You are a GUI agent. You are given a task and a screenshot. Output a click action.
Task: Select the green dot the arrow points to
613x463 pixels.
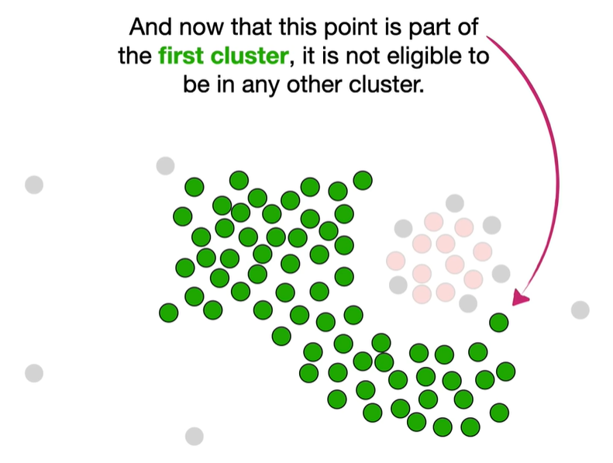(498, 321)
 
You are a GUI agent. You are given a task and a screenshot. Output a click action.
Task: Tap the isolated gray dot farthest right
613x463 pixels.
(580, 310)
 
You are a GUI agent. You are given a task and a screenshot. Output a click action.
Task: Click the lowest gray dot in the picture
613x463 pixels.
(194, 436)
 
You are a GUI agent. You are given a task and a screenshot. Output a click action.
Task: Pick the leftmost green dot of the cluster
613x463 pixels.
(168, 313)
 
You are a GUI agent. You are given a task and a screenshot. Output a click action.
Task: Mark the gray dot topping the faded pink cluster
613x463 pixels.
(454, 204)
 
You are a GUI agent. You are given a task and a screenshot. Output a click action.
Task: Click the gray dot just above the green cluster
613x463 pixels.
(165, 165)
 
